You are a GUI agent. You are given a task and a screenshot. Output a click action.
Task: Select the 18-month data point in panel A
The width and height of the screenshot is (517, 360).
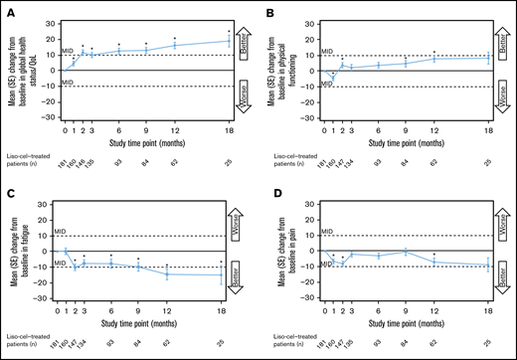point(229,41)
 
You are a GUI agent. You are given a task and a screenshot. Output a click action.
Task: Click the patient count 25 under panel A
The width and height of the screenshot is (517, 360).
point(229,163)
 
